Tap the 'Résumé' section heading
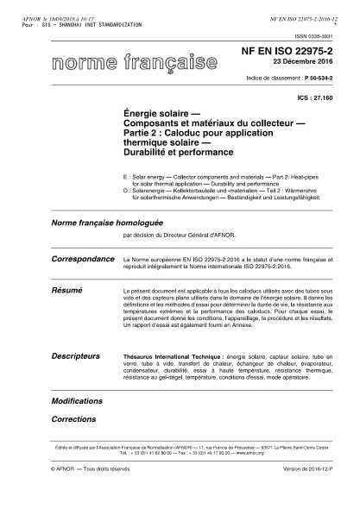point(68,292)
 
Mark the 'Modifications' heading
point(77,402)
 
